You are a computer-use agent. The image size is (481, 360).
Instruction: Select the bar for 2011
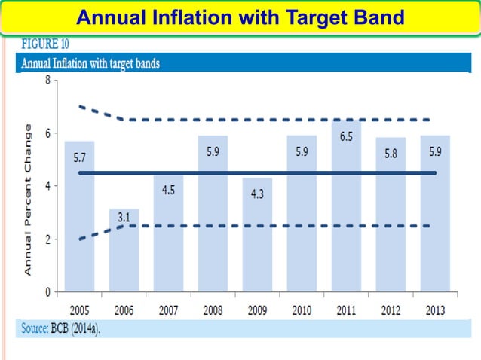[346, 226]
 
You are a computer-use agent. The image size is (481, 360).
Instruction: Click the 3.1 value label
[124, 218]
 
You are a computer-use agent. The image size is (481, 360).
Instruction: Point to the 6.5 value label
[346, 137]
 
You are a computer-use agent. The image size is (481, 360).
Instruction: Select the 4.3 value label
[257, 194]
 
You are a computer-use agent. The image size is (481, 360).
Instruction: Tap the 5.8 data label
[391, 153]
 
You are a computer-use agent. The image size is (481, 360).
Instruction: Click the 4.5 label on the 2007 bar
[169, 191]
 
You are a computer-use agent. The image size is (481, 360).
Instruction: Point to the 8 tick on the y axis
[47, 80]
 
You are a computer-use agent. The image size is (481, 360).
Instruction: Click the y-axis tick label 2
[47, 239]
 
